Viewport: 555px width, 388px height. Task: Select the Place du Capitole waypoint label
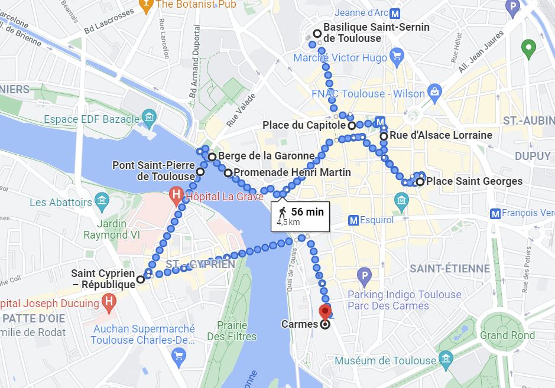[304, 125]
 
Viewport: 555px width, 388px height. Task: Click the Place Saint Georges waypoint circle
[420, 181]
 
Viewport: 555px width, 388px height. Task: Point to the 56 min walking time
[307, 211]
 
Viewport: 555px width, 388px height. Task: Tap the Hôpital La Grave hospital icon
[176, 194]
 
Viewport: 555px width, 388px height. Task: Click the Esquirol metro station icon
[353, 220]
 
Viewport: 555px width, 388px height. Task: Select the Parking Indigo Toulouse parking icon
[365, 275]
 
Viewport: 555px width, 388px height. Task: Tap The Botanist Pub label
[196, 5]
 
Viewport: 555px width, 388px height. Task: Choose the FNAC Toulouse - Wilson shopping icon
[435, 92]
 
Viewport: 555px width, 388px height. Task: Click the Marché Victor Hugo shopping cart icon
[397, 57]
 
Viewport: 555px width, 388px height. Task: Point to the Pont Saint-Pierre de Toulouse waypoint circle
[200, 172]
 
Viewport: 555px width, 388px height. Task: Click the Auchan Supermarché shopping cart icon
[178, 356]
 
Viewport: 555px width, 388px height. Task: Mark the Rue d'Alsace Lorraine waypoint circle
[384, 136]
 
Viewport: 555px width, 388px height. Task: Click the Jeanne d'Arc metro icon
[395, 13]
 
